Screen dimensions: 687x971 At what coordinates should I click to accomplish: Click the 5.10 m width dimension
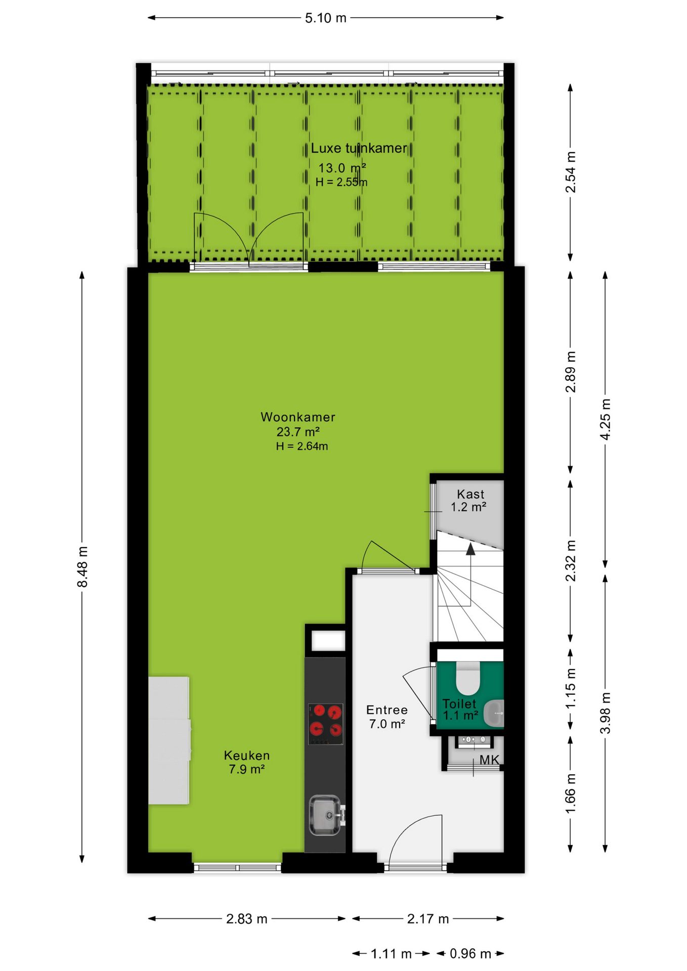pos(325,18)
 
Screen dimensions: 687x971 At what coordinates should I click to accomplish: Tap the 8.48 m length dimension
pos(82,567)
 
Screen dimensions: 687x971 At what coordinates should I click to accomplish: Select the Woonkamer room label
pos(297,417)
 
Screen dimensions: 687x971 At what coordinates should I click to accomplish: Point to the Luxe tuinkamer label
pos(359,148)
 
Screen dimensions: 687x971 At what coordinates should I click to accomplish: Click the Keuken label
pos(247,756)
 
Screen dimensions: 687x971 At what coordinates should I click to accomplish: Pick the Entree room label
pos(387,710)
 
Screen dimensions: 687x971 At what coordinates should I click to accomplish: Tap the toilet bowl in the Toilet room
pos(468,678)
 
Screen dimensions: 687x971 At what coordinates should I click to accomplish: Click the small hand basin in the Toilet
pos(494,713)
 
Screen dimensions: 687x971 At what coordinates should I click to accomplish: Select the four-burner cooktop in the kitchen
pos(326,724)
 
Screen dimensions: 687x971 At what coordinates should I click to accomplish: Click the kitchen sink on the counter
pos(325,815)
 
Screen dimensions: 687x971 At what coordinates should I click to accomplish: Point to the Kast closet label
pos(470,494)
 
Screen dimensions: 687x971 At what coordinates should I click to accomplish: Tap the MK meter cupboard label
pos(489,760)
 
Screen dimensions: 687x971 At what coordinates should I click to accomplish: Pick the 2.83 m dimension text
pos(247,919)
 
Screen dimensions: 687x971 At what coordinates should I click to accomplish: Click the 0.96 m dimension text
pos(470,954)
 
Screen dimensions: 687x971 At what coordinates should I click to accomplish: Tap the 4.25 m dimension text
pos(605,419)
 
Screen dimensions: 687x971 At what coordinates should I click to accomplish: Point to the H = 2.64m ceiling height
pos(302,446)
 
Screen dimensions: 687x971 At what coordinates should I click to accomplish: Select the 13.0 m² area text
pos(342,168)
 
